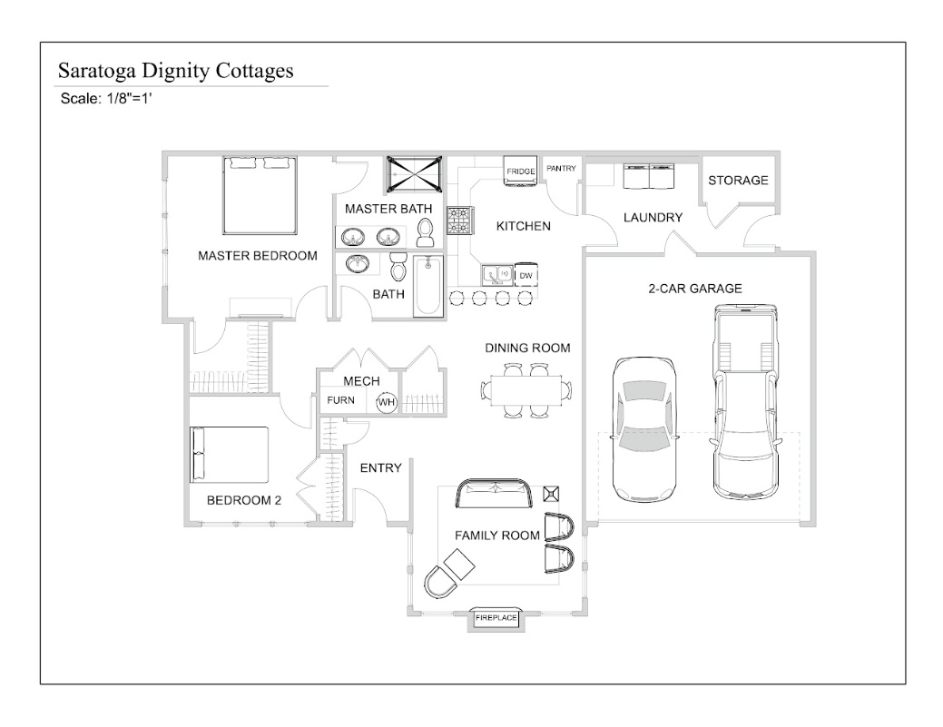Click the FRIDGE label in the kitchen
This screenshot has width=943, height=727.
click(521, 171)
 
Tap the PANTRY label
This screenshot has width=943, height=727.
click(562, 168)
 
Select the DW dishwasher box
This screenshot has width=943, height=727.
click(526, 275)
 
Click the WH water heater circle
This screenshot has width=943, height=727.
click(387, 402)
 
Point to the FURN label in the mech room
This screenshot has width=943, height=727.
click(341, 400)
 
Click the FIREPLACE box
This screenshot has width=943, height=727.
click(496, 618)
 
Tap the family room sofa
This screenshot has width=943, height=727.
click(495, 496)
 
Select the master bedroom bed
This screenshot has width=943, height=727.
click(260, 195)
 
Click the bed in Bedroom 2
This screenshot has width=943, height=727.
click(229, 455)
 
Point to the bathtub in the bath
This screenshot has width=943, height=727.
click(428, 286)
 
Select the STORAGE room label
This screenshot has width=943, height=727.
click(738, 180)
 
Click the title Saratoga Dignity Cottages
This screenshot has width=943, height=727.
click(175, 71)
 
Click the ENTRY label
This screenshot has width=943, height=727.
click(380, 467)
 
